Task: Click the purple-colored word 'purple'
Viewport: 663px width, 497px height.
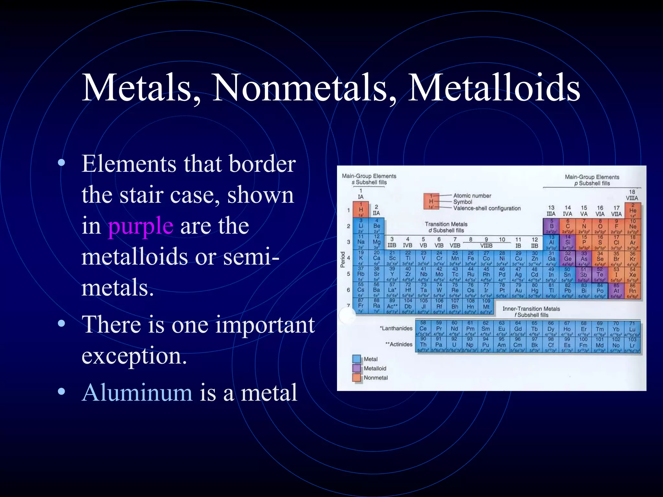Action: pos(140,226)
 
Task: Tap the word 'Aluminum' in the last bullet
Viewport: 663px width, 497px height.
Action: pos(137,392)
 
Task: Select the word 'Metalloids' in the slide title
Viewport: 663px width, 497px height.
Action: pos(494,88)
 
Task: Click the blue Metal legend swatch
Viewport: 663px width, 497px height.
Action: pos(356,359)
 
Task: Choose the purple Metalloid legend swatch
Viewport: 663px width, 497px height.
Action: pos(356,368)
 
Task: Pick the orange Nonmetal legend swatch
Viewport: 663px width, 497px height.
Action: pos(356,378)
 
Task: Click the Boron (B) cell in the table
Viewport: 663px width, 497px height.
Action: pos(551,226)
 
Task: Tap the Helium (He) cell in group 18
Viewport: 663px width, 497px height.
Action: pos(633,210)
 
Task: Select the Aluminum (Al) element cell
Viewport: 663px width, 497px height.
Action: pos(551,242)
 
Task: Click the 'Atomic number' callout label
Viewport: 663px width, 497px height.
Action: pos(472,196)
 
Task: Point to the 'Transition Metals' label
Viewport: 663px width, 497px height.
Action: pos(446,224)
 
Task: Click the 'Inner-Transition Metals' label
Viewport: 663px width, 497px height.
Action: pos(531,309)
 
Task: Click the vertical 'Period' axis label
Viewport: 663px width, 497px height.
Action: pos(343,260)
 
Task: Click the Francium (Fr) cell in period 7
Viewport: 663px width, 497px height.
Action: pos(360,306)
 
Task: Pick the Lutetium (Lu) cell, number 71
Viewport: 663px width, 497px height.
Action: pos(632,329)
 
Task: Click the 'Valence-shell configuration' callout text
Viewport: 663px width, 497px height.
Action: pos(487,208)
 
